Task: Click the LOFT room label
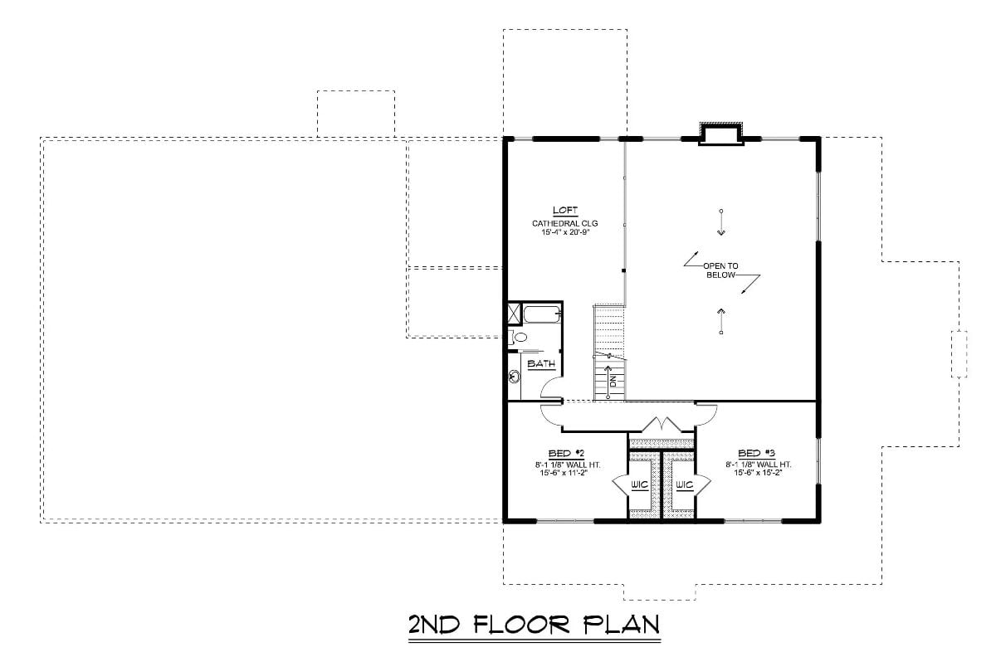(x=564, y=211)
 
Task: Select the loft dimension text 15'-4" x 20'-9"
(x=564, y=233)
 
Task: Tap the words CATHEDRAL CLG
(x=564, y=223)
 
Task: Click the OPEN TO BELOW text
(x=720, y=270)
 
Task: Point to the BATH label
(x=541, y=363)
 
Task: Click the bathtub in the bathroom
(x=542, y=314)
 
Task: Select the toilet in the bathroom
(x=518, y=337)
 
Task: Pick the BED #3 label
(x=750, y=453)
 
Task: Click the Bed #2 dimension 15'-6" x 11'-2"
(x=563, y=473)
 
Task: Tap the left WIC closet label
(x=639, y=484)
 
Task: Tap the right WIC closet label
(x=684, y=484)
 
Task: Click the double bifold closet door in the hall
(x=662, y=424)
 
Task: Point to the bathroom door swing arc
(x=549, y=388)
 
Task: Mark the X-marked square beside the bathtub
(x=515, y=314)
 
